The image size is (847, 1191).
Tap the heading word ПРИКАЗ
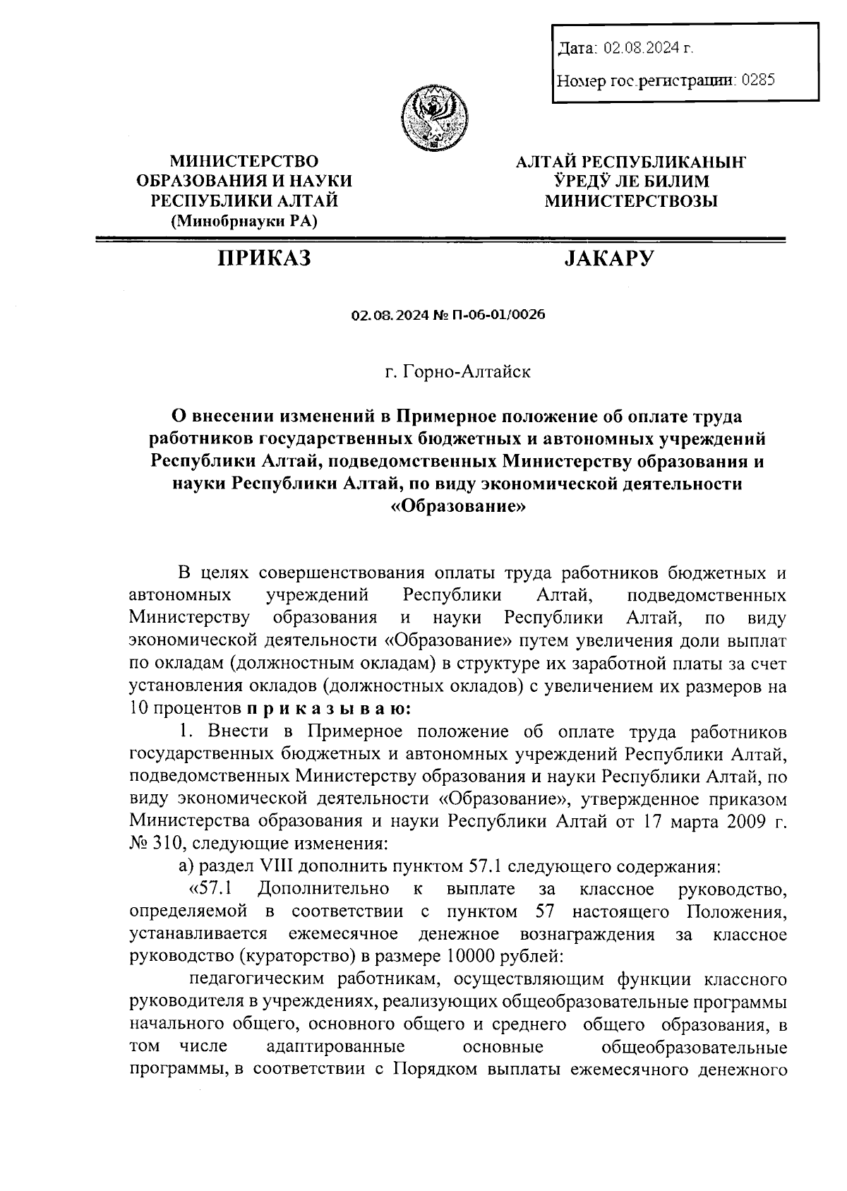coord(264,258)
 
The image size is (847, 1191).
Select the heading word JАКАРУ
coord(608,258)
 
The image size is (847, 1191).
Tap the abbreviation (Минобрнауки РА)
coord(244,221)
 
